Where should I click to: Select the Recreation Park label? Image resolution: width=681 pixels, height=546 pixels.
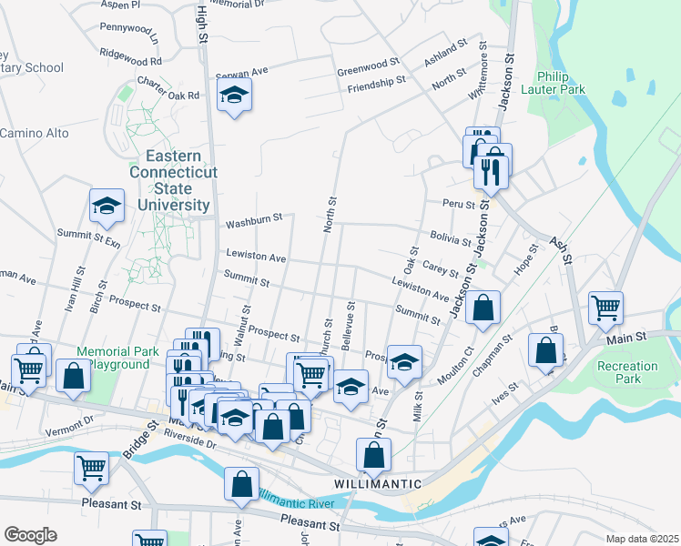pyautogui.click(x=627, y=372)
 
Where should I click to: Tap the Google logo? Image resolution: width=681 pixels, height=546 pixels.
pyautogui.click(x=30, y=535)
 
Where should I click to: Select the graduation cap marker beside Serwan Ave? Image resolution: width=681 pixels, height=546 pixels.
pyautogui.click(x=234, y=95)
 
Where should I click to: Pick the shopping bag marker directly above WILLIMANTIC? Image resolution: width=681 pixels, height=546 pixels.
pyautogui.click(x=373, y=454)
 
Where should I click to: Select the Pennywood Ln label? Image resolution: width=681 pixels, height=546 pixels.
pyautogui.click(x=128, y=41)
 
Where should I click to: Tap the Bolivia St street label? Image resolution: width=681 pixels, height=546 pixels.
pyautogui.click(x=451, y=238)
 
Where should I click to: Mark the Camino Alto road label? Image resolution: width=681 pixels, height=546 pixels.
pyautogui.click(x=34, y=133)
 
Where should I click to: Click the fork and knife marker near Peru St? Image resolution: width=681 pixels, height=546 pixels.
pyautogui.click(x=491, y=169)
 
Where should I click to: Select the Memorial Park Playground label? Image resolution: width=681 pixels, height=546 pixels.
pyautogui.click(x=113, y=358)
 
